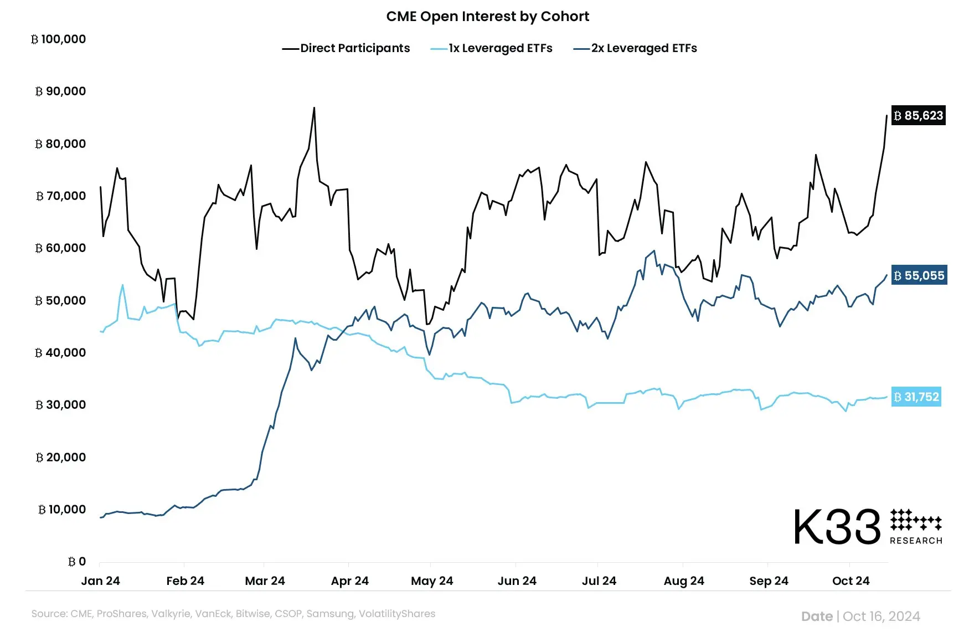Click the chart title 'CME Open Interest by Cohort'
click(x=487, y=17)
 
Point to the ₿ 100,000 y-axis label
click(x=59, y=39)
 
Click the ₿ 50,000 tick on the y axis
click(x=61, y=301)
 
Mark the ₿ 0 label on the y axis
click(x=77, y=562)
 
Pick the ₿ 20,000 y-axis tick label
click(x=61, y=458)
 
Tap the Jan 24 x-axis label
click(x=100, y=581)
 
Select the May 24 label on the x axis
click(x=432, y=581)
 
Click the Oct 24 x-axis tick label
click(x=851, y=581)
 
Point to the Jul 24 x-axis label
click(x=599, y=581)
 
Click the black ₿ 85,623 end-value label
click(x=918, y=116)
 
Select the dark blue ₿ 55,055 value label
click(x=919, y=276)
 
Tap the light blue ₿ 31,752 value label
click(x=916, y=397)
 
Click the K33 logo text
click(x=837, y=527)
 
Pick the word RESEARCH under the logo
click(x=916, y=541)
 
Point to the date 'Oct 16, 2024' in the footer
click(x=881, y=617)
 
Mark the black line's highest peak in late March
click(x=314, y=108)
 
